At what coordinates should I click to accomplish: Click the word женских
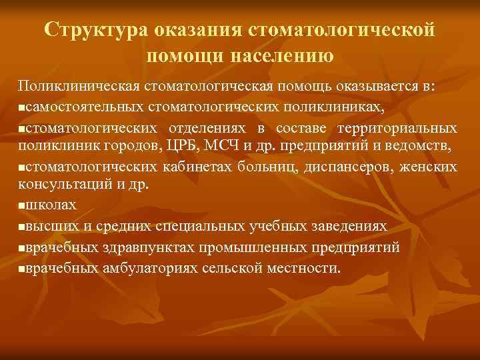coord(431,167)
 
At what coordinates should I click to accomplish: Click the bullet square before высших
coord(23,227)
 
